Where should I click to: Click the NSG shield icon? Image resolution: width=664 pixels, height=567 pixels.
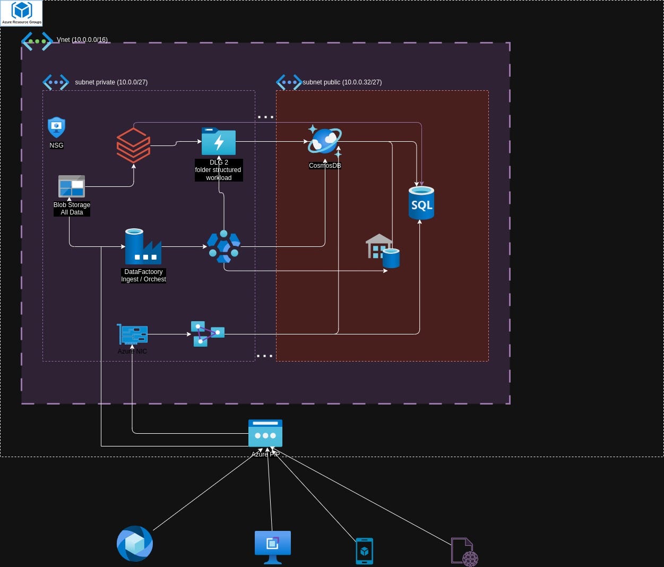(x=56, y=127)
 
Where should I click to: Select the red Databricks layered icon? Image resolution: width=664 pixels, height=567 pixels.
(x=133, y=145)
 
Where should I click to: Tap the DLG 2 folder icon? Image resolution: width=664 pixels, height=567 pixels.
(x=219, y=141)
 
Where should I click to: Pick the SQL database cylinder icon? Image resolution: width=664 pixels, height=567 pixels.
(x=421, y=203)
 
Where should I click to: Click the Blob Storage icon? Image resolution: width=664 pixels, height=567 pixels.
(x=72, y=186)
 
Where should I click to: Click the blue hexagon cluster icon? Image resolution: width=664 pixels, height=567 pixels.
(x=223, y=247)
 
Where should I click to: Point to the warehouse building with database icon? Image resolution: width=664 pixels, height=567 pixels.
(x=382, y=251)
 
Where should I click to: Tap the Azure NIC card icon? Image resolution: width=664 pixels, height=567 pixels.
(x=133, y=334)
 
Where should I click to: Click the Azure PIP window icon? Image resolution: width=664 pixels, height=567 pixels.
(x=265, y=433)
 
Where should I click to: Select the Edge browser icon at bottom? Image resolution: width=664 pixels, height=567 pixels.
(x=135, y=544)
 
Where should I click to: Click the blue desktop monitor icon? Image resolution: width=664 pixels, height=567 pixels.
(x=273, y=546)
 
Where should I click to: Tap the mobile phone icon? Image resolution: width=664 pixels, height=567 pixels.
(x=364, y=551)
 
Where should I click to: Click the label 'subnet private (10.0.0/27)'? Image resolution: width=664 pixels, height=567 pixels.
(x=111, y=82)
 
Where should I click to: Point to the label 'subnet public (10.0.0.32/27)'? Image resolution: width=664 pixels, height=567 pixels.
(x=342, y=82)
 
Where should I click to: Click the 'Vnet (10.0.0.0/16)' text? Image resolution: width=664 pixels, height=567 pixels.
(x=82, y=40)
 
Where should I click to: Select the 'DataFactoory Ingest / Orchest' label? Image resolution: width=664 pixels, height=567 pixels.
(x=143, y=276)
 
